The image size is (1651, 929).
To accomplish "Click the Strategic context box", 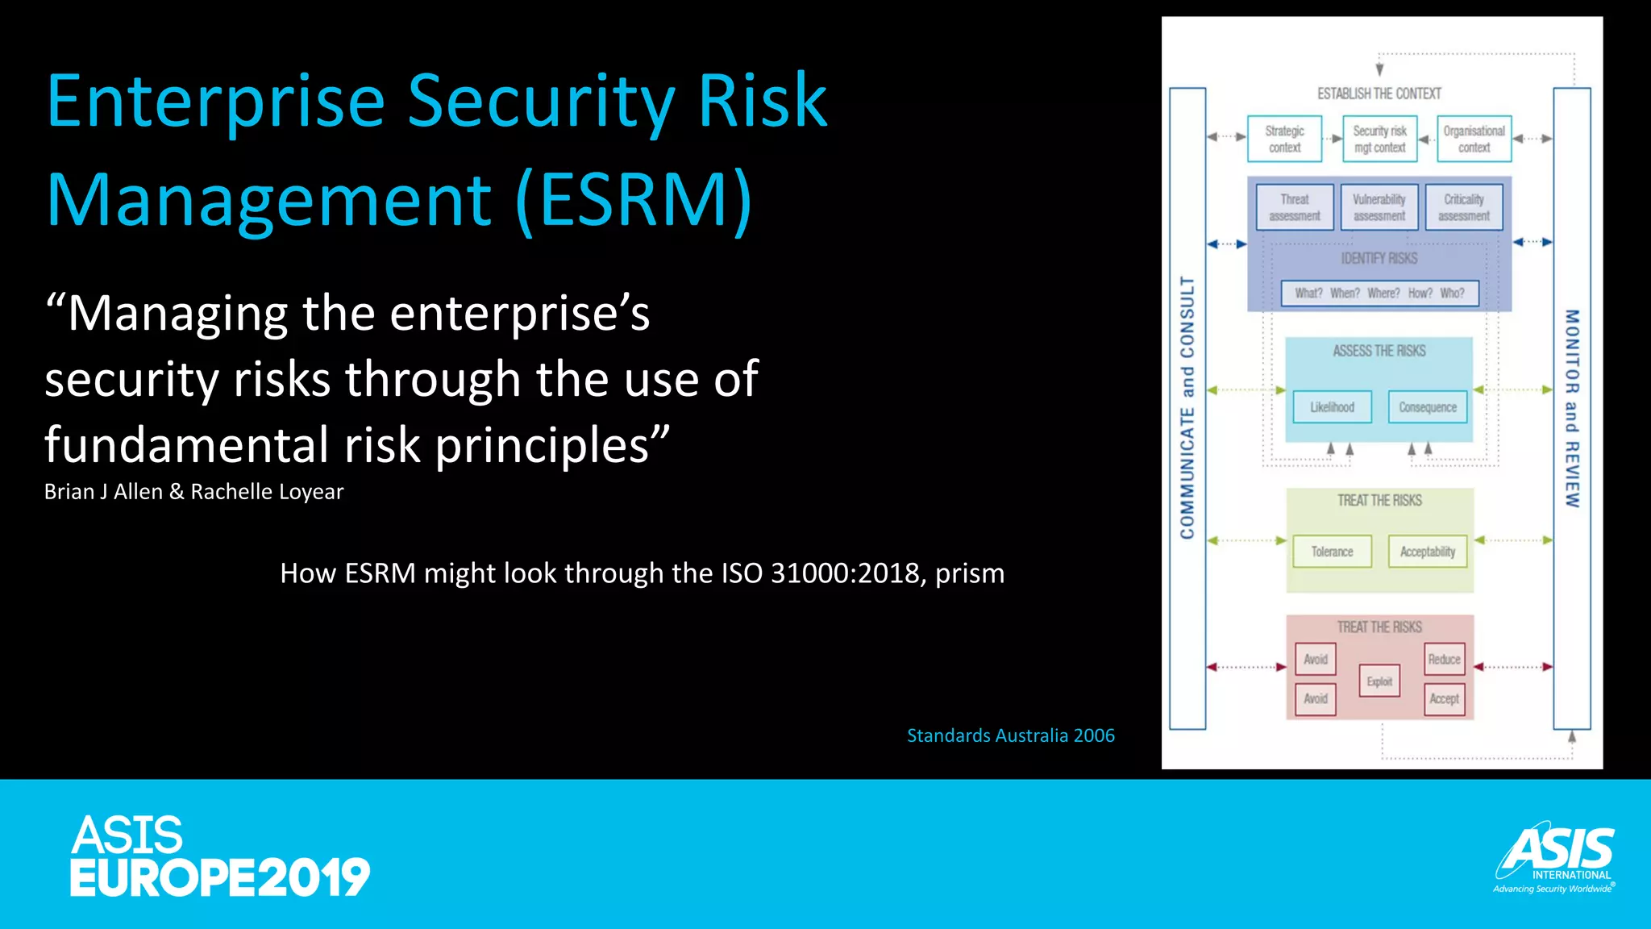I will click(x=1284, y=139).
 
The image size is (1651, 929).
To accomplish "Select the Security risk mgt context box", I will click(x=1379, y=139).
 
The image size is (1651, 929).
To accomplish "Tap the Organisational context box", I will click(x=1474, y=139).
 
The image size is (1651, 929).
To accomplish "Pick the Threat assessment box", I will click(x=1295, y=207).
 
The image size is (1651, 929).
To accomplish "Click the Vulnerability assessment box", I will click(x=1379, y=207).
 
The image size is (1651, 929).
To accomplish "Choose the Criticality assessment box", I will click(x=1463, y=207).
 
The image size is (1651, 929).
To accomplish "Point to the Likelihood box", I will click(x=1332, y=407).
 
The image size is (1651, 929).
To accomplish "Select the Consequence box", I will click(x=1428, y=407).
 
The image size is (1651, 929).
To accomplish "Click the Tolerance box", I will click(x=1332, y=552).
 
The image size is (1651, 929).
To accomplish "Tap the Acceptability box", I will click(x=1428, y=552).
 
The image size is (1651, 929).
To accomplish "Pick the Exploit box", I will click(x=1379, y=681).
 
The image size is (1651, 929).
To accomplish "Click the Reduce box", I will click(x=1444, y=659).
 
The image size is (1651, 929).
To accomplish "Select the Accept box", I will click(x=1444, y=698).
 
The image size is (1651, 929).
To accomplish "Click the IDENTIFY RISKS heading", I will click(x=1379, y=258).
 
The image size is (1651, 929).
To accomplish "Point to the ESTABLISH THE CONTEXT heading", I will click(x=1379, y=94).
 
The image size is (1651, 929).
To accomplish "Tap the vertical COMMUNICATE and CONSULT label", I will click(x=1187, y=407).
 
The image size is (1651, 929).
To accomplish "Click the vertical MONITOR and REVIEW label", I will click(x=1571, y=407).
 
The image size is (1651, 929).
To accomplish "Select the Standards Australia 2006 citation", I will click(x=1010, y=735).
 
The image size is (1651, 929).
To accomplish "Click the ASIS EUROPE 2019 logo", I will click(x=218, y=856).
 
